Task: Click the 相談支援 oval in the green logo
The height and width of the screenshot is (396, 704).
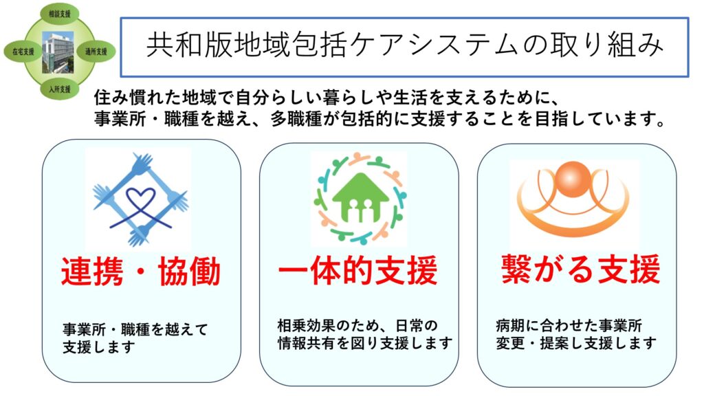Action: [60, 14]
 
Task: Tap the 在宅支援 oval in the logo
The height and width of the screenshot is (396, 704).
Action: [23, 52]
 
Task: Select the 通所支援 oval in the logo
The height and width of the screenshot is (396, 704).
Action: [96, 51]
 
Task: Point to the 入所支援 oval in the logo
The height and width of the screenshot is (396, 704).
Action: [60, 89]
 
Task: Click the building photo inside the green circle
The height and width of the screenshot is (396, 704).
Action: [58, 52]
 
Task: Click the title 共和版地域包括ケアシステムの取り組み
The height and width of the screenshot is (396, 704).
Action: [404, 46]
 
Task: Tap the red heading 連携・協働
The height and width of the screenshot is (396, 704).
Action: [140, 271]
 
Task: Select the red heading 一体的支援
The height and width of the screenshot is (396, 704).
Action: [357, 270]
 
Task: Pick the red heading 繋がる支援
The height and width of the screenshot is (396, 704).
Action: [580, 269]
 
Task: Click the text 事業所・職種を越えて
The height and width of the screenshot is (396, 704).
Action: [135, 329]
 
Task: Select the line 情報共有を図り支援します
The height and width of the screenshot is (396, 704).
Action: [365, 344]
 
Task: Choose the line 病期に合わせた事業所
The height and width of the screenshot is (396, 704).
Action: [569, 325]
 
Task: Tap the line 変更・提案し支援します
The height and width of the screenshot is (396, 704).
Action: [576, 344]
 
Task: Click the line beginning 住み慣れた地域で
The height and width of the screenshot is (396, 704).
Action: [327, 97]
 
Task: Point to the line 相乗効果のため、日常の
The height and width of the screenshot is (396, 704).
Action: [357, 325]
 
